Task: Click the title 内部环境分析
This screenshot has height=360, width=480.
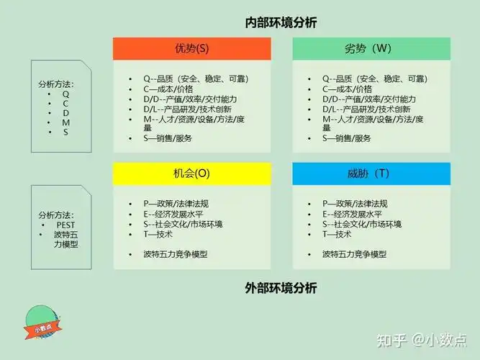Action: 281,22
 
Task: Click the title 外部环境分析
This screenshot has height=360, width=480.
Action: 281,288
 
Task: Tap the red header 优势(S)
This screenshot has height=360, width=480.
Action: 191,49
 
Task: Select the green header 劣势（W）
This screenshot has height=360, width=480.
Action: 371,49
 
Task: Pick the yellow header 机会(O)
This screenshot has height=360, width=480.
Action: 191,174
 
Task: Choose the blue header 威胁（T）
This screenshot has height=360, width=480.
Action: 371,174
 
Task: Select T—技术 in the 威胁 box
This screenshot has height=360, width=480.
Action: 337,234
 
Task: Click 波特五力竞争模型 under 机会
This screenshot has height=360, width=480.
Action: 176,254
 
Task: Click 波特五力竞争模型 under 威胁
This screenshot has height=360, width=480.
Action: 354,254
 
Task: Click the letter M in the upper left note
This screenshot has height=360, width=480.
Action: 65,122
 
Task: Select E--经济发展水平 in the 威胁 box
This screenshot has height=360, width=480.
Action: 352,214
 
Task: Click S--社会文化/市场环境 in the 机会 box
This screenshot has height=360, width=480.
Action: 183,224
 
